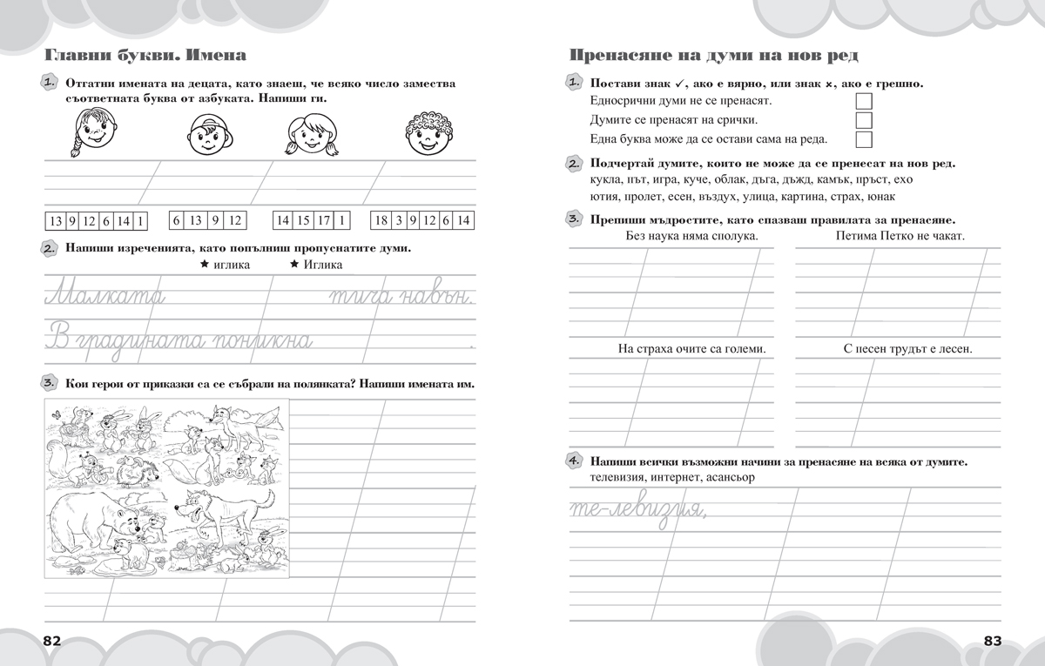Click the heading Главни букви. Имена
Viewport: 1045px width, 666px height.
pos(145,56)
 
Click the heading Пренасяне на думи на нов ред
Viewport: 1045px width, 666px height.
pos(714,56)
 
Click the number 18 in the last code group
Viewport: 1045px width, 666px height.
pos(381,220)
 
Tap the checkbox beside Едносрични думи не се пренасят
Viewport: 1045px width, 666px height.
pos(863,100)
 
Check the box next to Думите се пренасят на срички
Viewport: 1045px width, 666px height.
pos(863,120)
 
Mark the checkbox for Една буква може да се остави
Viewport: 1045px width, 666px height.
pos(863,140)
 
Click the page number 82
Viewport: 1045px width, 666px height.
pos(51,641)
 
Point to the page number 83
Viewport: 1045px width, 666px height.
pos(993,641)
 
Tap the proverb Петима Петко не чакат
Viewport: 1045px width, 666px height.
pos(900,236)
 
